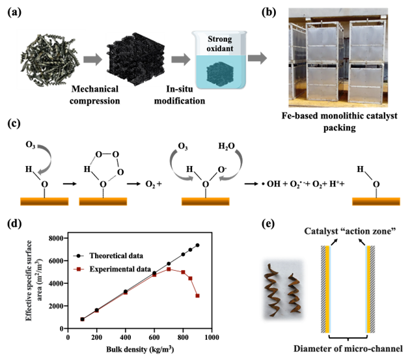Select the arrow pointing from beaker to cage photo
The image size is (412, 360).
[x=257, y=58]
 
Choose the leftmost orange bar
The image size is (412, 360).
[x=44, y=202]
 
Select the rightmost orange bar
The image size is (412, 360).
[x=376, y=202]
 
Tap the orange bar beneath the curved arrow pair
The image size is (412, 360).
[x=205, y=202]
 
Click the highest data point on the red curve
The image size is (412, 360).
[x=169, y=269]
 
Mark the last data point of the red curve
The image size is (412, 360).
[x=197, y=296]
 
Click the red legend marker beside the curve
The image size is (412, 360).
[x=79, y=269]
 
